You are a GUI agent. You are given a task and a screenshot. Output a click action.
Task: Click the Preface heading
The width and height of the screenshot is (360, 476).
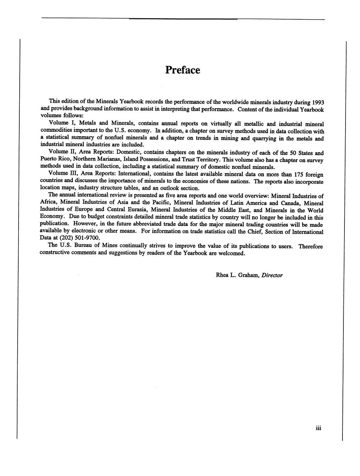pos(182,70)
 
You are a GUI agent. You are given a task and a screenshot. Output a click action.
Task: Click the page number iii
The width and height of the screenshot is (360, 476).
pos(318,428)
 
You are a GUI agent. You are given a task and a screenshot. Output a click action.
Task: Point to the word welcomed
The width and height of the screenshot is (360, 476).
pos(232,253)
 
